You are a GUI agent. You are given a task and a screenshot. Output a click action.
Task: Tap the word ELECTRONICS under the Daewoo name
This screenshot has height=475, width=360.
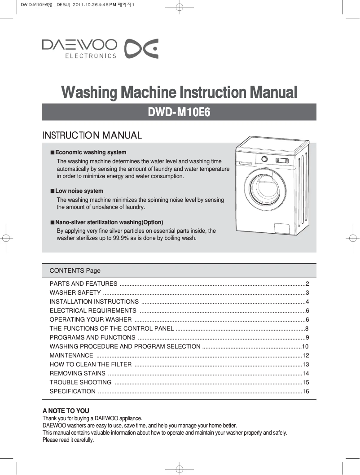(91, 56)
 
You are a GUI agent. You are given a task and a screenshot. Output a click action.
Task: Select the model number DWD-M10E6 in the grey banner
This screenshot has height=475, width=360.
(179, 112)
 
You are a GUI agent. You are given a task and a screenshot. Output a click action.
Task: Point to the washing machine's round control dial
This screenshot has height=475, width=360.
(264, 159)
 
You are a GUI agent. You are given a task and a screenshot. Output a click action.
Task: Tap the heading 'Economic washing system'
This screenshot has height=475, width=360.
(91, 153)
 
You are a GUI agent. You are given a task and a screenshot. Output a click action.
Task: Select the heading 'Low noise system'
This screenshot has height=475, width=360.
(79, 191)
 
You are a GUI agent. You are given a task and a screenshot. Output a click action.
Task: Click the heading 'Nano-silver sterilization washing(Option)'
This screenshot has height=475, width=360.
(109, 222)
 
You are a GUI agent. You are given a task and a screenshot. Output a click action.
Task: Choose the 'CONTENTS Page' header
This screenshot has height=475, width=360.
(75, 270)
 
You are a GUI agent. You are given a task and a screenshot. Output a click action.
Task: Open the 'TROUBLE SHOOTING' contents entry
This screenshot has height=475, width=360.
(81, 382)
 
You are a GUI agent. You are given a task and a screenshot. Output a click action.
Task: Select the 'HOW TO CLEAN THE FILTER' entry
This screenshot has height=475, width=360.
(91, 364)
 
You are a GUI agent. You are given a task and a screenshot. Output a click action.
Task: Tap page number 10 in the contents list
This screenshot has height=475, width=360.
(305, 346)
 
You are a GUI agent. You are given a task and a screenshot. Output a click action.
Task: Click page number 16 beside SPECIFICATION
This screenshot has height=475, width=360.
(306, 391)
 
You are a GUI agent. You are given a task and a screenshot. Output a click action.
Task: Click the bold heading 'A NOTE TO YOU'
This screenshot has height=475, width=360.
(66, 411)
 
